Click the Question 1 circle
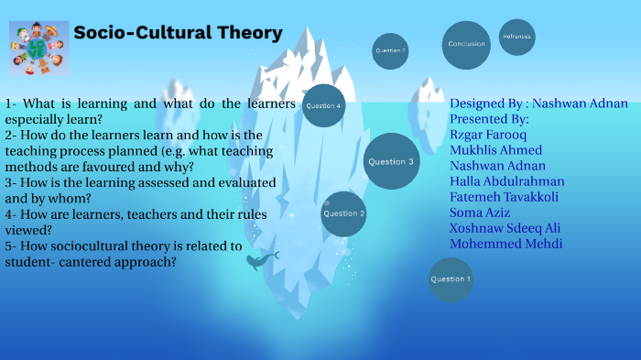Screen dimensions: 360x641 451,279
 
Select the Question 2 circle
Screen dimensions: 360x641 343,213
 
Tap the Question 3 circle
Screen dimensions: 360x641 391,161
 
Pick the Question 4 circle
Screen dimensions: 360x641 323,106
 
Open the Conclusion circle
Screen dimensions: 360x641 466,45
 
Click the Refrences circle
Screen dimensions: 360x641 516,37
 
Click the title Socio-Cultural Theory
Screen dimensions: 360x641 178,33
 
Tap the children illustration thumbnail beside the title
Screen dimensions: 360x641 38,48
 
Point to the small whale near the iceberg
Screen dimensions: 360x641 256,262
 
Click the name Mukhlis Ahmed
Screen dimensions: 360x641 495,150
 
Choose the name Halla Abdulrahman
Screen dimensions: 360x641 506,181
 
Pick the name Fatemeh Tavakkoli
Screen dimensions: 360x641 504,197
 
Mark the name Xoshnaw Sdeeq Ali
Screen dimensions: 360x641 505,228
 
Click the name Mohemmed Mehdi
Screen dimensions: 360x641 505,244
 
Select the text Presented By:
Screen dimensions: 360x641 489,118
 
